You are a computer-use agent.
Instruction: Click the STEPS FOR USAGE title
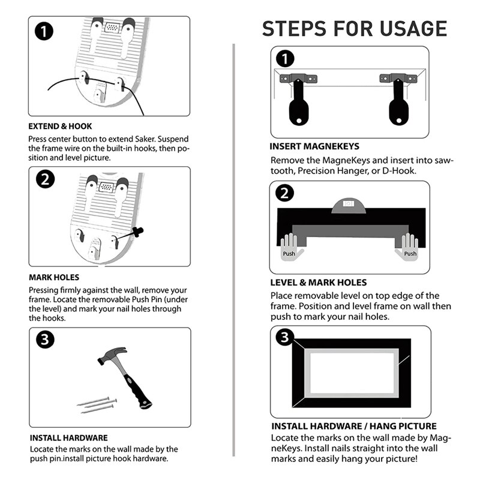click(355, 28)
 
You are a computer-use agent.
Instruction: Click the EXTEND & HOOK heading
click(61, 127)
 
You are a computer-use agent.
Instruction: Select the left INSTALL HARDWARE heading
click(69, 438)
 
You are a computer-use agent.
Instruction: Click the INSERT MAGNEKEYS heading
click(315, 146)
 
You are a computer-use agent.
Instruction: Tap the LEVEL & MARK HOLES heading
click(319, 283)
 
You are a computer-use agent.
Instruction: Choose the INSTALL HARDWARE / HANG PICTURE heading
click(353, 426)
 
